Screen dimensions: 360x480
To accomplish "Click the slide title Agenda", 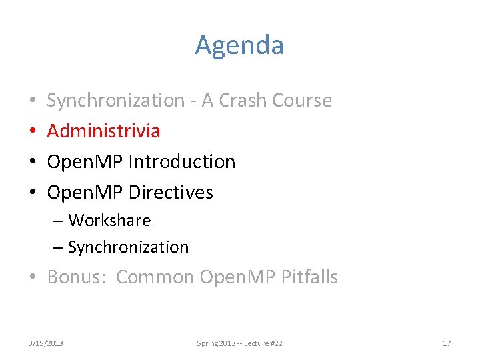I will [x=239, y=45].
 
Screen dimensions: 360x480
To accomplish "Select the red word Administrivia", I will [x=103, y=131].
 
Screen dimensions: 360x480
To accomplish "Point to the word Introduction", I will [x=181, y=162].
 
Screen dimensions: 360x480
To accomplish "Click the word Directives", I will [x=171, y=193].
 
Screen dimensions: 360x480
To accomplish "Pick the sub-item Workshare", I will [x=109, y=221].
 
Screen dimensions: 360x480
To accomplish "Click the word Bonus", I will [x=75, y=277].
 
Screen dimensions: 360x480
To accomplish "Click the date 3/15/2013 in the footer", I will [x=46, y=343].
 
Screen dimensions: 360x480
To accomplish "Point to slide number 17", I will [x=447, y=343].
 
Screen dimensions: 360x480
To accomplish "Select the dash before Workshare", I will [x=58, y=221].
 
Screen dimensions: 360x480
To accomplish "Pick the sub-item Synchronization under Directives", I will [x=128, y=247].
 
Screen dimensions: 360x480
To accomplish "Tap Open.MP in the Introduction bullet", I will [x=85, y=162].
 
